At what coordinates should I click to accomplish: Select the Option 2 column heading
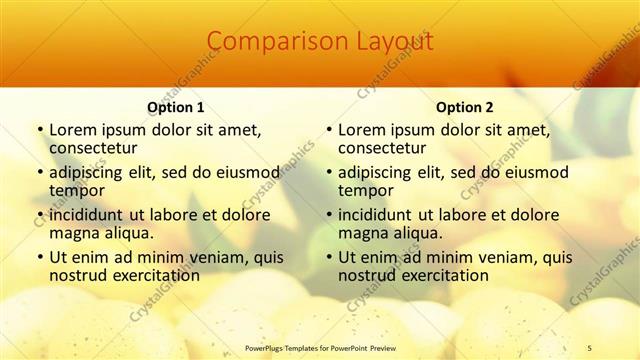pyautogui.click(x=464, y=107)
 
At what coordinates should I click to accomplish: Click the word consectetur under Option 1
pyautogui.click(x=92, y=148)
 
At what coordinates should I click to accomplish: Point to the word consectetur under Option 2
pyautogui.click(x=381, y=148)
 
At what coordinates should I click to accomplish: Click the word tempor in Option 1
pyautogui.click(x=77, y=190)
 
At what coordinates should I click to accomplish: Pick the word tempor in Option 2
pyautogui.click(x=366, y=190)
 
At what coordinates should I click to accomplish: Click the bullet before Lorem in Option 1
pyautogui.click(x=39, y=130)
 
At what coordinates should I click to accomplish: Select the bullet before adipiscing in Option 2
pyautogui.click(x=328, y=172)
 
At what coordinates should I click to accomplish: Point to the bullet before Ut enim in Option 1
pyautogui.click(x=39, y=257)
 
